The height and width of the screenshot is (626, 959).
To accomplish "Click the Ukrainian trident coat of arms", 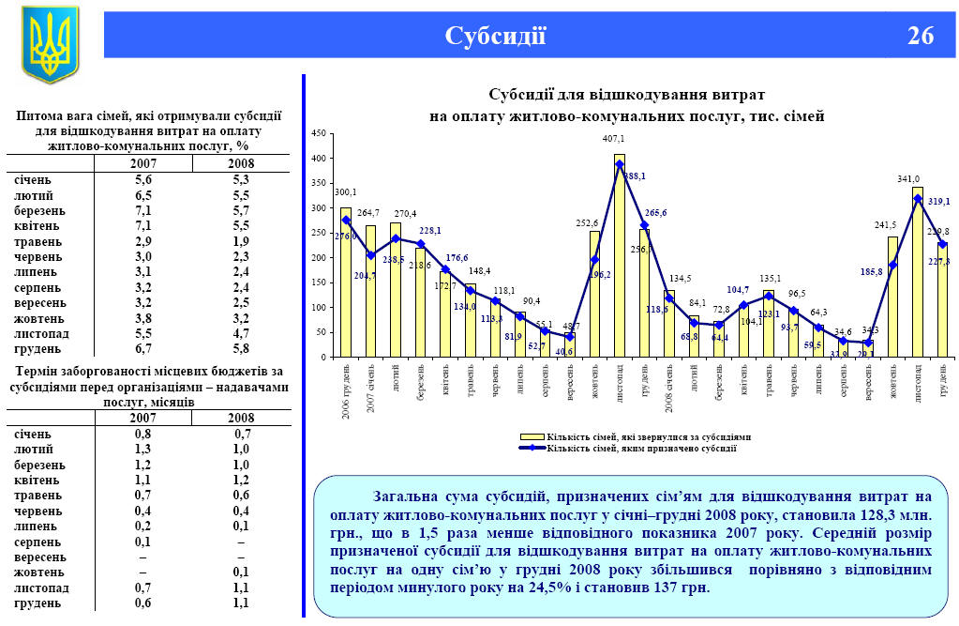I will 50,43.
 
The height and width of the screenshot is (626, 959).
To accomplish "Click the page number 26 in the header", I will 920,36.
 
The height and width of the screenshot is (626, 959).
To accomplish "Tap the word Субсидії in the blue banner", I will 495,36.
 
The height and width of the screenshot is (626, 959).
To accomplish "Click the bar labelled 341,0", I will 918,272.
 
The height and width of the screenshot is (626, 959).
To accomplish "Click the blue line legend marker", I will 532,449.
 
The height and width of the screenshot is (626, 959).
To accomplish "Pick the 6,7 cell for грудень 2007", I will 142,348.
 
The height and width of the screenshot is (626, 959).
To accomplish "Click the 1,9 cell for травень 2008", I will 241,240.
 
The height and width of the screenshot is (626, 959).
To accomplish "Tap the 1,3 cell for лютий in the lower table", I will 142,450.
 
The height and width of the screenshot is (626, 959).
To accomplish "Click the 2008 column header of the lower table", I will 241,418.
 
